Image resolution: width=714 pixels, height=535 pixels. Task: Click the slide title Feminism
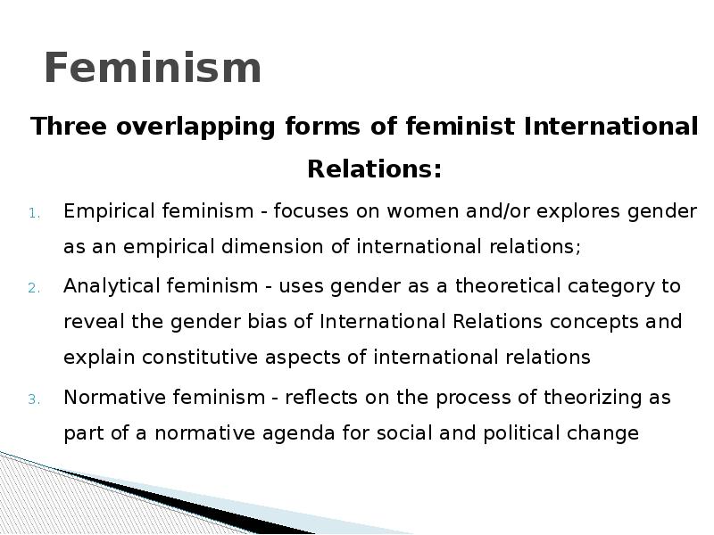click(153, 68)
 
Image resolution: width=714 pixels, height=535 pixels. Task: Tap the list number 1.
click(35, 213)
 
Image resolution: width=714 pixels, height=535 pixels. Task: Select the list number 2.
click(35, 288)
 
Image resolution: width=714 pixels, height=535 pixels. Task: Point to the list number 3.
click(35, 399)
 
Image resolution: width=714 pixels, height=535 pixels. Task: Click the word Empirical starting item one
click(109, 212)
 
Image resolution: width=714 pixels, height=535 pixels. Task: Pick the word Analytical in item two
click(112, 287)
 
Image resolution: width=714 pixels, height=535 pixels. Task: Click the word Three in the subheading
click(69, 126)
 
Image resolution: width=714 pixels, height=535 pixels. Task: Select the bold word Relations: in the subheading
click(374, 169)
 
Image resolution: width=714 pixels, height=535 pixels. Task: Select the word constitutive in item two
click(200, 358)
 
